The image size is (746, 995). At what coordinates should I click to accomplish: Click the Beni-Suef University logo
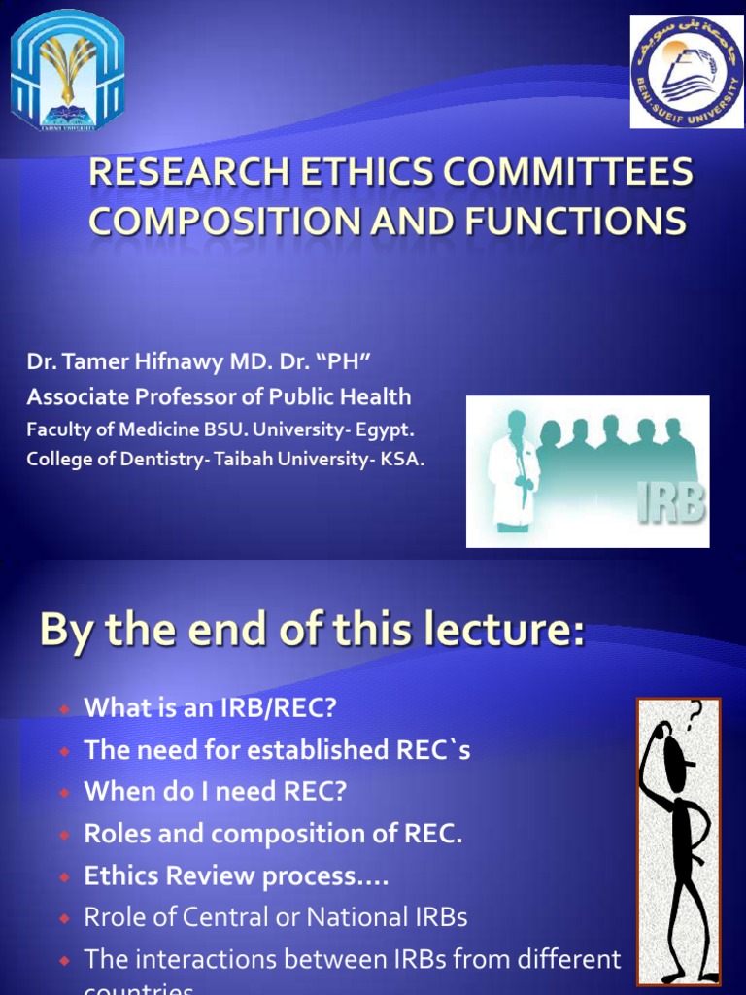coord(687,71)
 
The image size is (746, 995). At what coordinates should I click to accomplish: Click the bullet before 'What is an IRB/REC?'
coord(64,710)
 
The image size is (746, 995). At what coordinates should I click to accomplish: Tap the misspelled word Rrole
coord(118,916)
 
